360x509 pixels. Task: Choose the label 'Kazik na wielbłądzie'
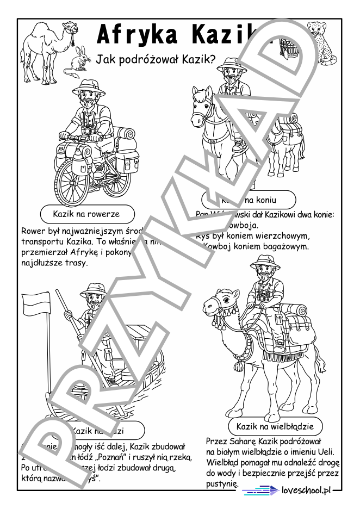(x=275, y=425)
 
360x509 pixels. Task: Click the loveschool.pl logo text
(x=306, y=491)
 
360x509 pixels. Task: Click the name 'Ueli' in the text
(x=326, y=452)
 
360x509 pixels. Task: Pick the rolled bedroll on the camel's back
(x=299, y=314)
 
